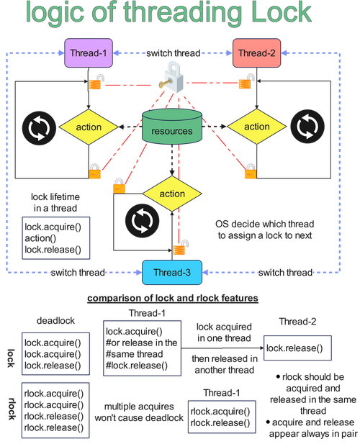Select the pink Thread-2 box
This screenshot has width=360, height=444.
(x=253, y=53)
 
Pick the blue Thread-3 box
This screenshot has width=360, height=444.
(x=172, y=273)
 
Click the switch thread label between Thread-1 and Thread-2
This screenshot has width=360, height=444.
(x=173, y=53)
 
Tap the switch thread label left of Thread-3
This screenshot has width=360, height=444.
(x=78, y=272)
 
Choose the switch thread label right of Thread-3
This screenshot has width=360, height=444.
(x=285, y=272)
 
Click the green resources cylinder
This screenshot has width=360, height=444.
(x=172, y=130)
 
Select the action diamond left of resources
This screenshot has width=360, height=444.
(x=89, y=127)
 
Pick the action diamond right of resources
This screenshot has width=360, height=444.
(x=257, y=127)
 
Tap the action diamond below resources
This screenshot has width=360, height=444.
(x=172, y=194)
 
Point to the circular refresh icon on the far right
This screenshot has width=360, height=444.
(x=307, y=127)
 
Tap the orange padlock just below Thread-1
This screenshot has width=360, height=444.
(x=95, y=82)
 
